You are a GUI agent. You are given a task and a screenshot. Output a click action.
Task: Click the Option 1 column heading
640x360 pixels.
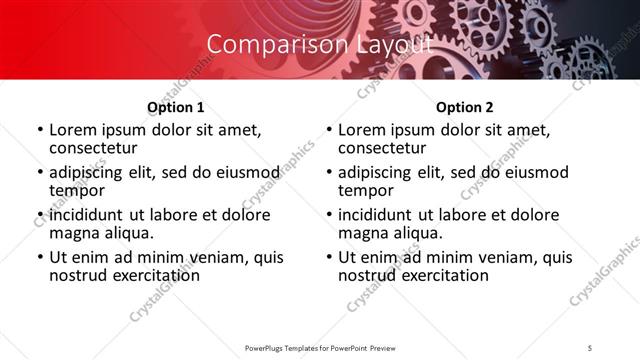pyautogui.click(x=175, y=107)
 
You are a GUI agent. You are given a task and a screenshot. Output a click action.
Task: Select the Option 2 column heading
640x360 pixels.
pyautogui.click(x=464, y=107)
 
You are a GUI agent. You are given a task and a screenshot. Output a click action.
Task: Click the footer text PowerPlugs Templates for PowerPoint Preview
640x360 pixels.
pyautogui.click(x=320, y=347)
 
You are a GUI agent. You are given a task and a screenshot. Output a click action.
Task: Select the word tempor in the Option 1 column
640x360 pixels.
pyautogui.click(x=75, y=190)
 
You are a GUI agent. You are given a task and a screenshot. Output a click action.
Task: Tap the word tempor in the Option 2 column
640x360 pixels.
pyautogui.click(x=364, y=190)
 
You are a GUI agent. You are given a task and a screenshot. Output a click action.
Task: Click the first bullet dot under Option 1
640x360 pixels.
pyautogui.click(x=40, y=131)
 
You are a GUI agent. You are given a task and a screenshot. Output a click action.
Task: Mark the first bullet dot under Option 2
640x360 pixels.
pyautogui.click(x=329, y=131)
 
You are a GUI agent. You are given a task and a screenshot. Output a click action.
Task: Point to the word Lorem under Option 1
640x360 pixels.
pyautogui.click(x=73, y=130)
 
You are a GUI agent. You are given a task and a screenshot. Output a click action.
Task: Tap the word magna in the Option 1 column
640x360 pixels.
pyautogui.click(x=74, y=233)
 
